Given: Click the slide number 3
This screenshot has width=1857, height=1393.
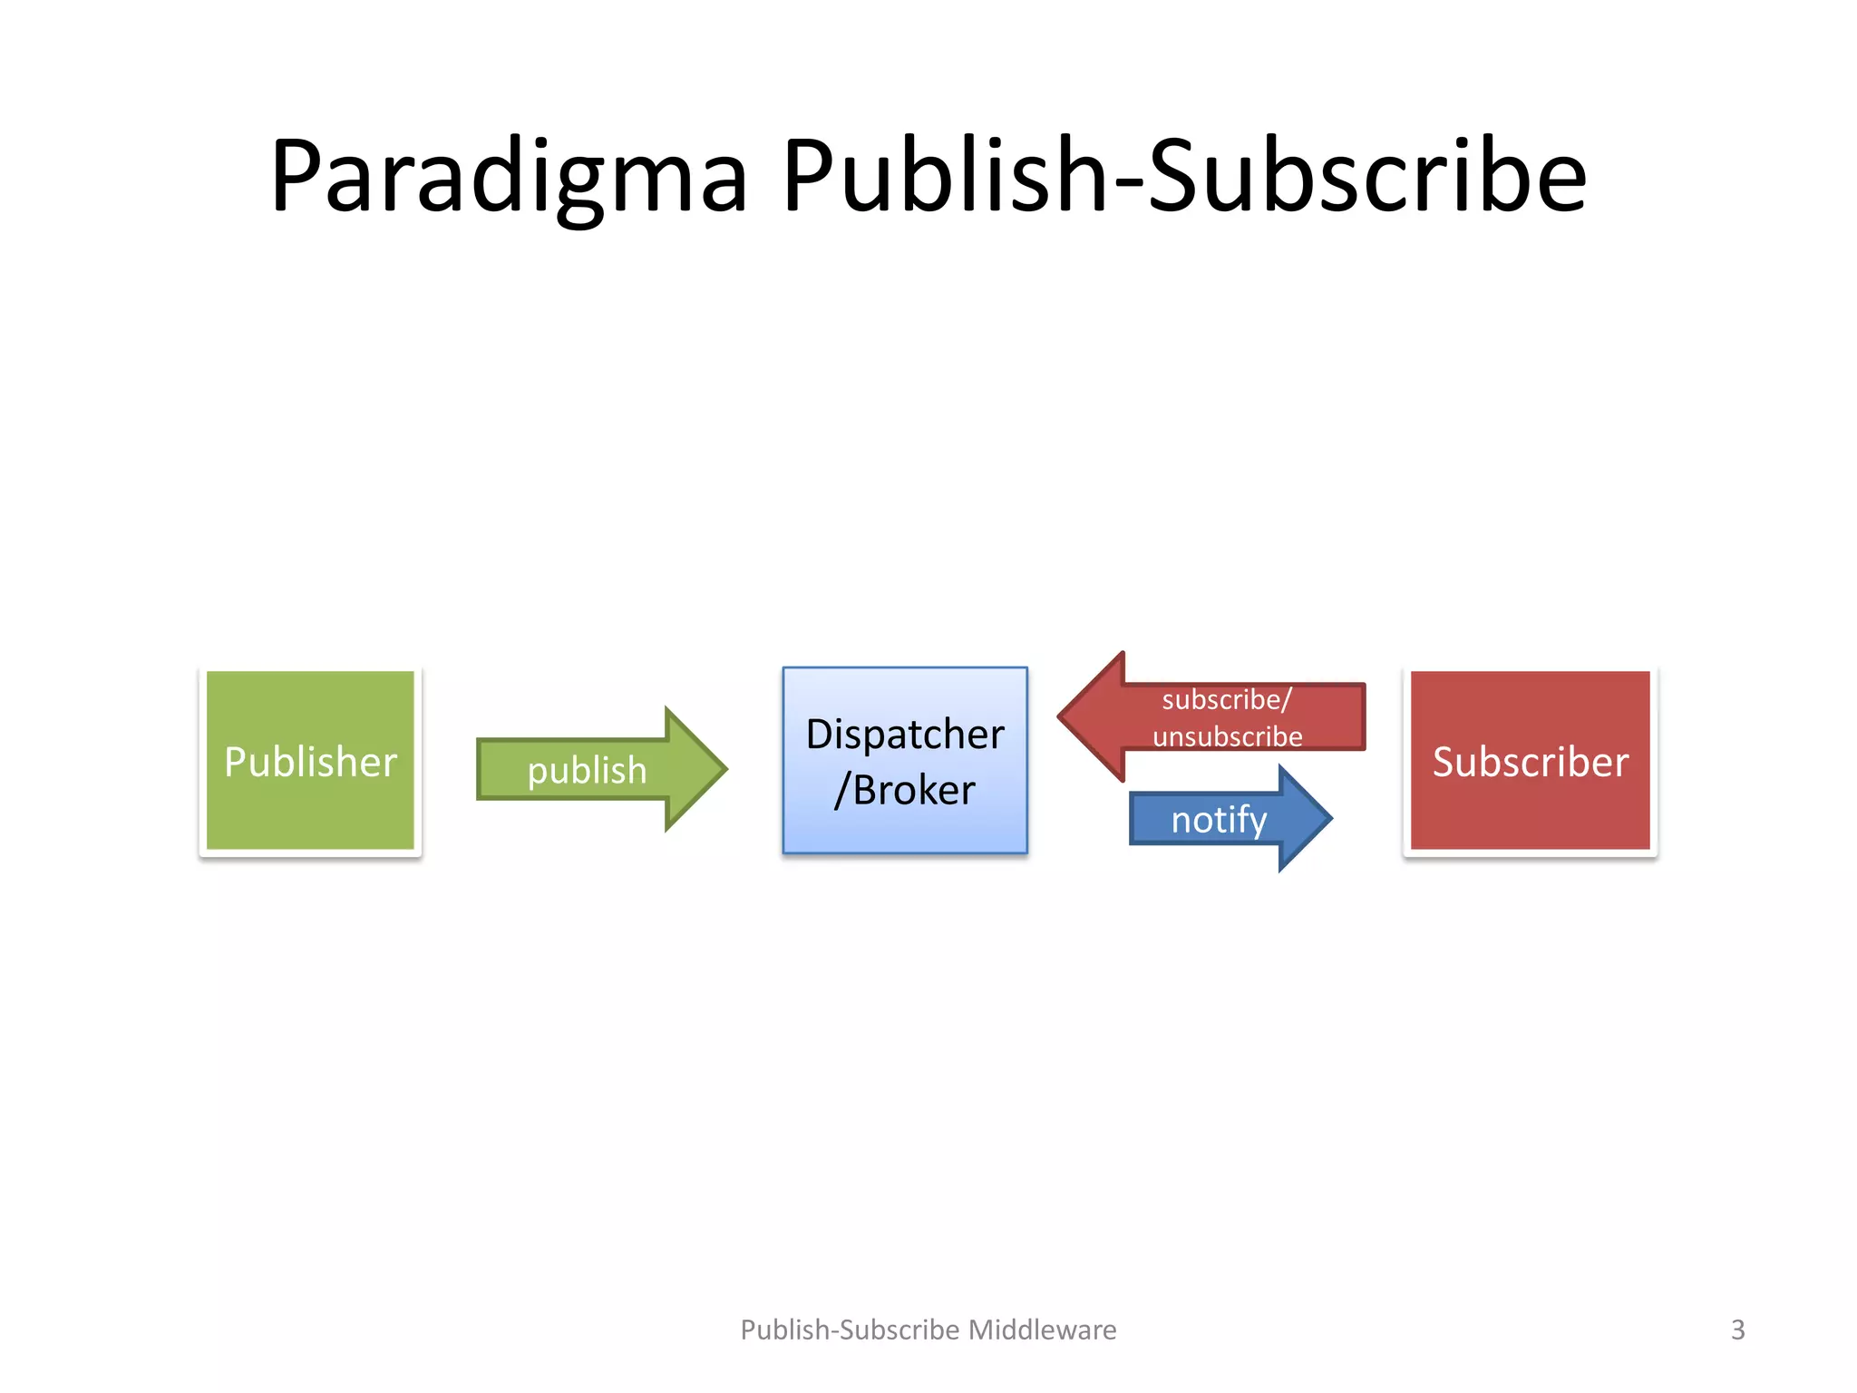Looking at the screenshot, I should tap(1737, 1330).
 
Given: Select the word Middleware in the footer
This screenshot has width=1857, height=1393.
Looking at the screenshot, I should tap(1043, 1330).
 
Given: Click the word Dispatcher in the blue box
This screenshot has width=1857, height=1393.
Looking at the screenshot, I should tap(905, 734).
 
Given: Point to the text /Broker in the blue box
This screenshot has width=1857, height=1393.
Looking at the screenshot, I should tap(905, 790).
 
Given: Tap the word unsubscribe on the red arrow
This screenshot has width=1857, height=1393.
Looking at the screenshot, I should tap(1227, 736).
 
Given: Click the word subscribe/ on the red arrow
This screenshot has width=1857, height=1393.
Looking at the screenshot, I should tap(1226, 700).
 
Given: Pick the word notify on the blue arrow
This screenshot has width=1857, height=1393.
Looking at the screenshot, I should tap(1219, 820).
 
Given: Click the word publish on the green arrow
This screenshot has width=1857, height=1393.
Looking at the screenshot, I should tap(587, 771).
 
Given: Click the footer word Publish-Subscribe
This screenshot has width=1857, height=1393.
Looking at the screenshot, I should tap(850, 1330).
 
